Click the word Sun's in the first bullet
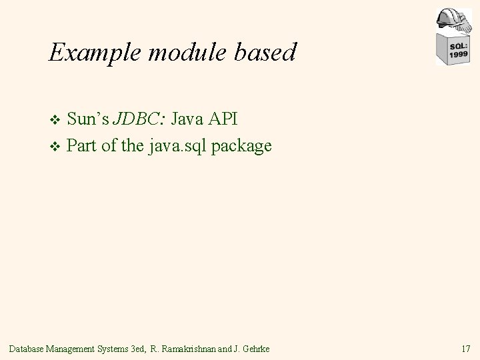pos(89,119)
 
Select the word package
pos(243,146)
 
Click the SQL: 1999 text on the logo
pos(458,50)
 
